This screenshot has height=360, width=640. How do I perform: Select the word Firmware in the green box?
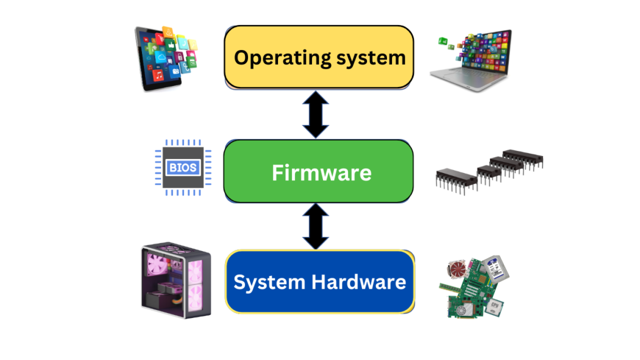(x=321, y=173)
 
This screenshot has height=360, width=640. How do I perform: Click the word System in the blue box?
(x=269, y=283)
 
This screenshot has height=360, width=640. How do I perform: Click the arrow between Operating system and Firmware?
(x=316, y=115)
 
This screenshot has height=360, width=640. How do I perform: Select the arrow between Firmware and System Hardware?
(x=316, y=227)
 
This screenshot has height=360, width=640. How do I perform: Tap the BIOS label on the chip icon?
(x=183, y=167)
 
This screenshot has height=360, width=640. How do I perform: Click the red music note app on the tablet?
(x=158, y=75)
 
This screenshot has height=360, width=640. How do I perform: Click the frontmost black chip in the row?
(x=456, y=178)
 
